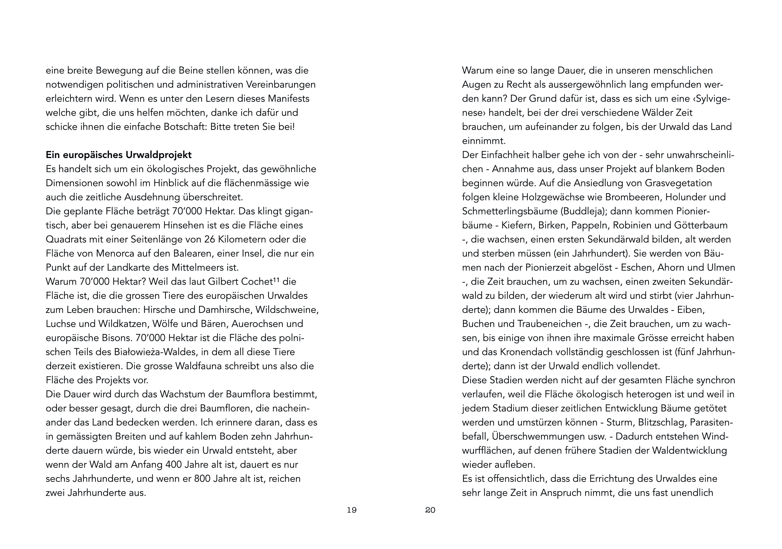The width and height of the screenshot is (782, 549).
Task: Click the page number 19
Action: tap(351, 510)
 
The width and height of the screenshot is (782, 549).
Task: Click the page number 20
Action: tap(430, 510)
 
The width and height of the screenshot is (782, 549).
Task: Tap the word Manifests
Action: tap(288, 99)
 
